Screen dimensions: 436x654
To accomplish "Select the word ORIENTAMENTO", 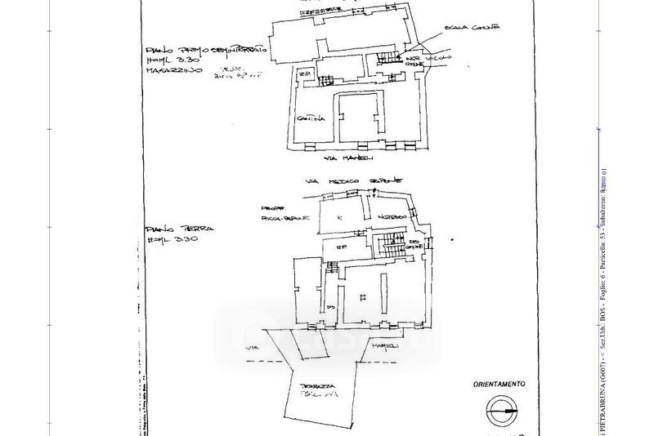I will pos(499,383).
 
